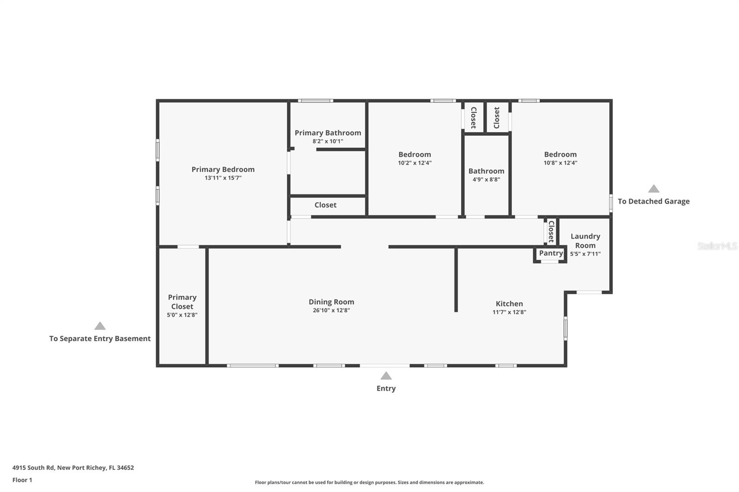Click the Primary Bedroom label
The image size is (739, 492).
pyautogui.click(x=223, y=169)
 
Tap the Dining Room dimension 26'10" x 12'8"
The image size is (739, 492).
pyautogui.click(x=331, y=311)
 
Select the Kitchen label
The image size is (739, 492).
pyautogui.click(x=509, y=304)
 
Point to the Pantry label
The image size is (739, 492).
pyautogui.click(x=551, y=253)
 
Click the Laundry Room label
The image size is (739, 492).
pyautogui.click(x=585, y=241)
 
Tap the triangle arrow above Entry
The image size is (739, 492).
pyautogui.click(x=386, y=376)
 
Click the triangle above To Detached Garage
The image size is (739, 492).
pyautogui.click(x=654, y=189)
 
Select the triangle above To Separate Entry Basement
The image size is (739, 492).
pyautogui.click(x=100, y=326)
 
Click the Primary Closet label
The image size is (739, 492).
pyautogui.click(x=182, y=302)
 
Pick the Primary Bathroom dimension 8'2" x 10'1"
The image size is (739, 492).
pyautogui.click(x=327, y=142)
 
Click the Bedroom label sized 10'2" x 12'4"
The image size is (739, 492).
pyautogui.click(x=414, y=155)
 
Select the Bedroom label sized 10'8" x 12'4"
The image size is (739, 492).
pyautogui.click(x=560, y=155)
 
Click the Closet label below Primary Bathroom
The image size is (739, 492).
pyautogui.click(x=325, y=205)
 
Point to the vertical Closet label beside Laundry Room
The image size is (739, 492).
pyautogui.click(x=551, y=232)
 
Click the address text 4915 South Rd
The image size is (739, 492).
pyautogui.click(x=73, y=468)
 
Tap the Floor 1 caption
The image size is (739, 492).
pyautogui.click(x=22, y=480)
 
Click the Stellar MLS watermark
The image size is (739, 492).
pyautogui.click(x=717, y=246)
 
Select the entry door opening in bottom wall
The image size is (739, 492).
pyautogui.click(x=384, y=366)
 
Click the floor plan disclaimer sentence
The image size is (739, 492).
pyautogui.click(x=369, y=483)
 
